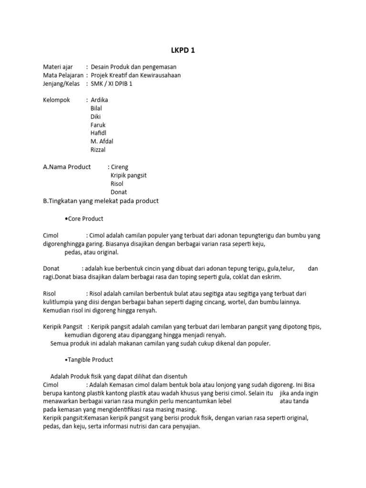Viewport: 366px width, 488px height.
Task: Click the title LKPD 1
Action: [183, 51]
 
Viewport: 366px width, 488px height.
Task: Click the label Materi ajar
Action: [58, 67]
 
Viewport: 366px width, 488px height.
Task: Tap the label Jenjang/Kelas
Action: [61, 83]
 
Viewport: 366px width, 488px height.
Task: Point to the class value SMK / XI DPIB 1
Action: [111, 83]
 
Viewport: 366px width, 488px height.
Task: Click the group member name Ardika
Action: [99, 100]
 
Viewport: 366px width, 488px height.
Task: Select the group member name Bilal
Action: [96, 108]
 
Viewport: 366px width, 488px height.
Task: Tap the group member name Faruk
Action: [98, 125]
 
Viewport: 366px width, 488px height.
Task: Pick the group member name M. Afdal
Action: [102, 141]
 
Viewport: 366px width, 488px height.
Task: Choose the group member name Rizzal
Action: [98, 150]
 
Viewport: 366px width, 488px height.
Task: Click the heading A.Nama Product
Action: [67, 167]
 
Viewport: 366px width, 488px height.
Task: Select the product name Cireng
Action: [120, 167]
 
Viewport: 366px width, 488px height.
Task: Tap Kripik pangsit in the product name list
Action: [129, 175]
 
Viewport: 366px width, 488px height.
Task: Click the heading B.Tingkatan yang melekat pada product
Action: [101, 201]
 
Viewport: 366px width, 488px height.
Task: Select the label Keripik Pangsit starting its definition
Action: [63, 326]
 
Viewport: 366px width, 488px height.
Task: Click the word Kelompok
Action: [57, 100]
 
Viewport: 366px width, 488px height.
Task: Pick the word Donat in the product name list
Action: [119, 192]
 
